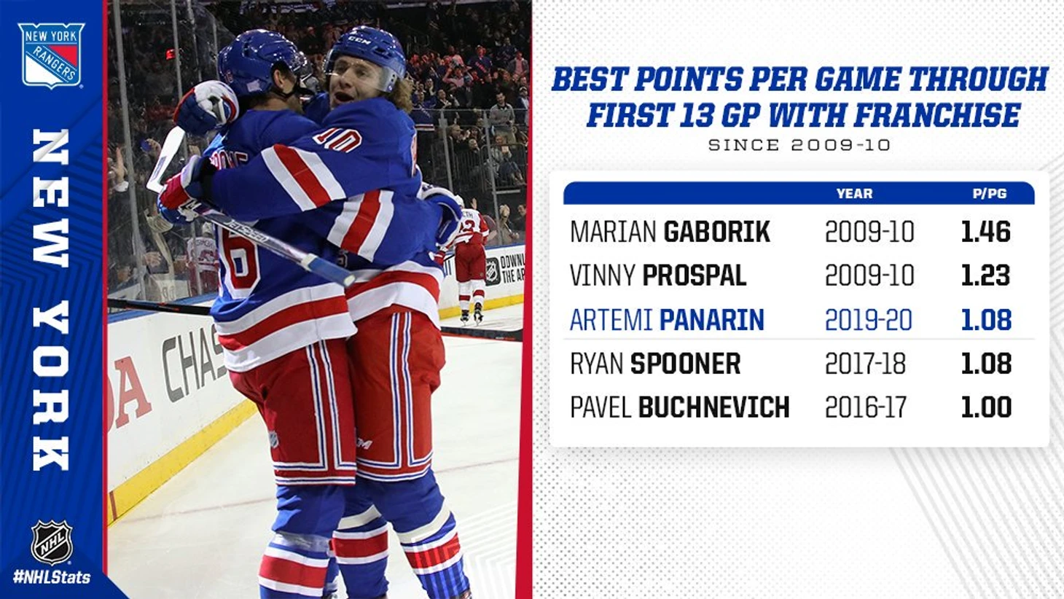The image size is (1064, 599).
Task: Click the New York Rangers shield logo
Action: pos(51,55)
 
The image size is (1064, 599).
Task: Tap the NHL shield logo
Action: pos(52,542)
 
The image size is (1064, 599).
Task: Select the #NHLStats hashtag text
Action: pos(52,578)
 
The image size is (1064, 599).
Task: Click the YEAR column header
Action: pos(855,193)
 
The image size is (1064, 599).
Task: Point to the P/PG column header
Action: pos(990,193)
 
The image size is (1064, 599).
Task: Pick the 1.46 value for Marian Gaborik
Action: pos(985,232)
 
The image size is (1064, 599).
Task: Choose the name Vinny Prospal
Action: pos(658,275)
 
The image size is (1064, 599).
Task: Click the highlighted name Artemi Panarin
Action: pos(667,320)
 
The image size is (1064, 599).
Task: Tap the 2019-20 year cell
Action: pos(869,320)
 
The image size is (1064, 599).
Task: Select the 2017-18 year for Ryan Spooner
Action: pos(865,364)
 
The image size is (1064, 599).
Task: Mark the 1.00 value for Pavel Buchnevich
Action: pos(986,407)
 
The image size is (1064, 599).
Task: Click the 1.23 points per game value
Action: pos(985,275)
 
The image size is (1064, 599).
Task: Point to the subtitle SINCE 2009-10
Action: pos(799,145)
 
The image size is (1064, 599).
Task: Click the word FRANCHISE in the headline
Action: pos(937,114)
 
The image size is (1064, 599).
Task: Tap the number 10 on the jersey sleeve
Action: pos(337,141)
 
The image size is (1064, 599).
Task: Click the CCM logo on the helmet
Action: pos(359,41)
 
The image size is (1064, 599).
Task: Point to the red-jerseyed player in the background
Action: pos(470,262)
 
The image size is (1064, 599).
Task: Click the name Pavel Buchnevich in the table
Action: pos(680,407)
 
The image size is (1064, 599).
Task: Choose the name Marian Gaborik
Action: pos(670,232)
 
